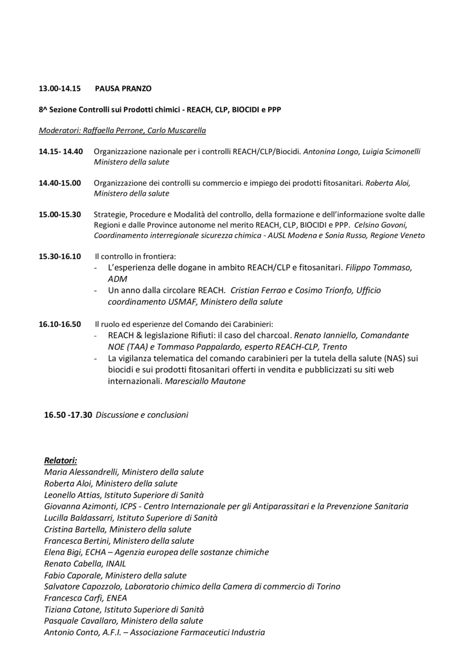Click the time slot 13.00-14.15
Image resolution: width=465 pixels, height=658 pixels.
60,88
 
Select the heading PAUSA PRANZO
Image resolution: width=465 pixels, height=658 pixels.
123,88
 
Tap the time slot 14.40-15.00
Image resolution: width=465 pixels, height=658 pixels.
60,183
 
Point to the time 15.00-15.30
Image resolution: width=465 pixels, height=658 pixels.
60,214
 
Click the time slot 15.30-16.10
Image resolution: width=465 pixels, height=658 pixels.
60,256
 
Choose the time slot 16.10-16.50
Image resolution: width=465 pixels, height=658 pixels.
60,324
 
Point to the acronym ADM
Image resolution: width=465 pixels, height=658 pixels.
118,279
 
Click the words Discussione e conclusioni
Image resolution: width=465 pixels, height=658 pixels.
142,415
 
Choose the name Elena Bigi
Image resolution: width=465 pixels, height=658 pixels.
62,552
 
